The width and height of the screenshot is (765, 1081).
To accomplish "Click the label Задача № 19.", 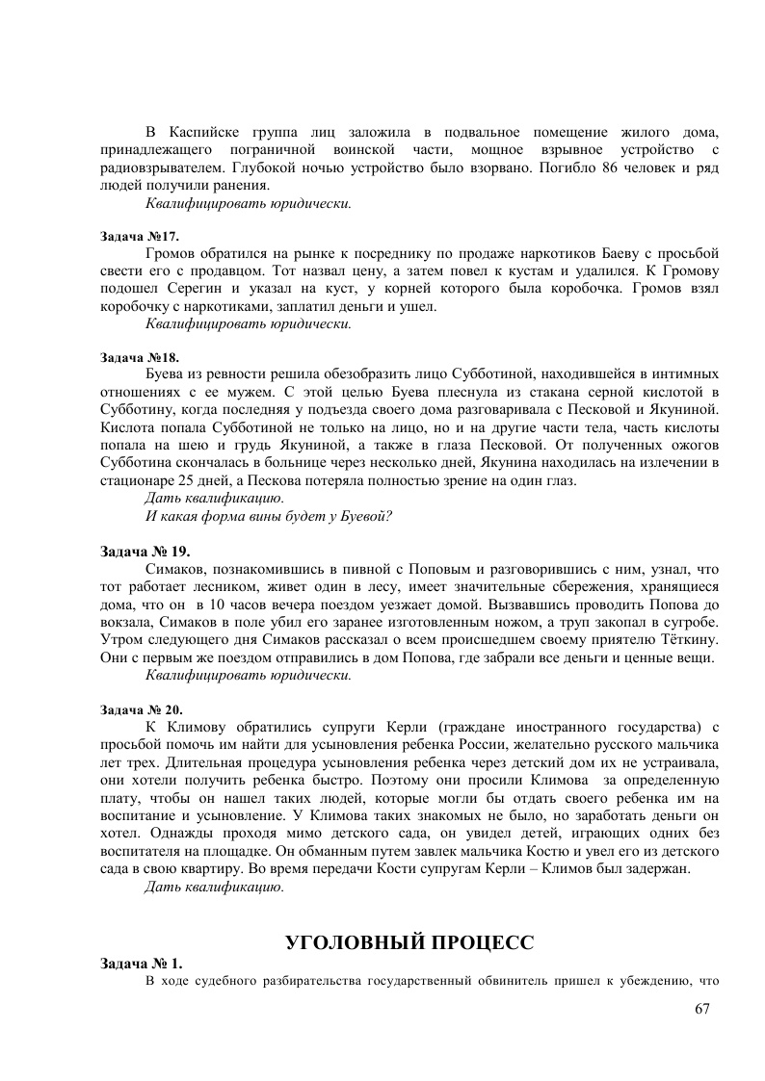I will tap(145, 552).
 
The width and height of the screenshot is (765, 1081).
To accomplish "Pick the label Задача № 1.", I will tap(142, 964).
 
